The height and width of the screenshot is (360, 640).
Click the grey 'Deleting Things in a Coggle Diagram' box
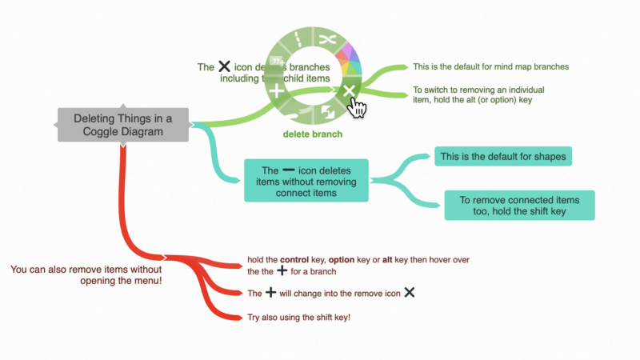click(x=122, y=125)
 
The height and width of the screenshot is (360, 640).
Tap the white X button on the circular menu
click(x=348, y=93)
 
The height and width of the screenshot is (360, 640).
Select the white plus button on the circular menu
click(x=277, y=93)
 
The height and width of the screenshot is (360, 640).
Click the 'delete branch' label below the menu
click(x=312, y=134)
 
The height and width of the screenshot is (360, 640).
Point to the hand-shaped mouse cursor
click(x=358, y=108)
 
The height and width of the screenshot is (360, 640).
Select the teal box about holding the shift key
click(x=519, y=205)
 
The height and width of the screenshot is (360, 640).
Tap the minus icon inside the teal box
click(x=289, y=170)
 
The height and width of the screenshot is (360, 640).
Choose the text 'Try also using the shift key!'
click(x=299, y=317)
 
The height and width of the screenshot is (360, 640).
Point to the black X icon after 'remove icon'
click(x=409, y=293)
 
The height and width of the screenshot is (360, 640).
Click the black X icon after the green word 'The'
click(x=225, y=68)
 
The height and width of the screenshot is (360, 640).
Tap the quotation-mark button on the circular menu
click(x=278, y=61)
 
